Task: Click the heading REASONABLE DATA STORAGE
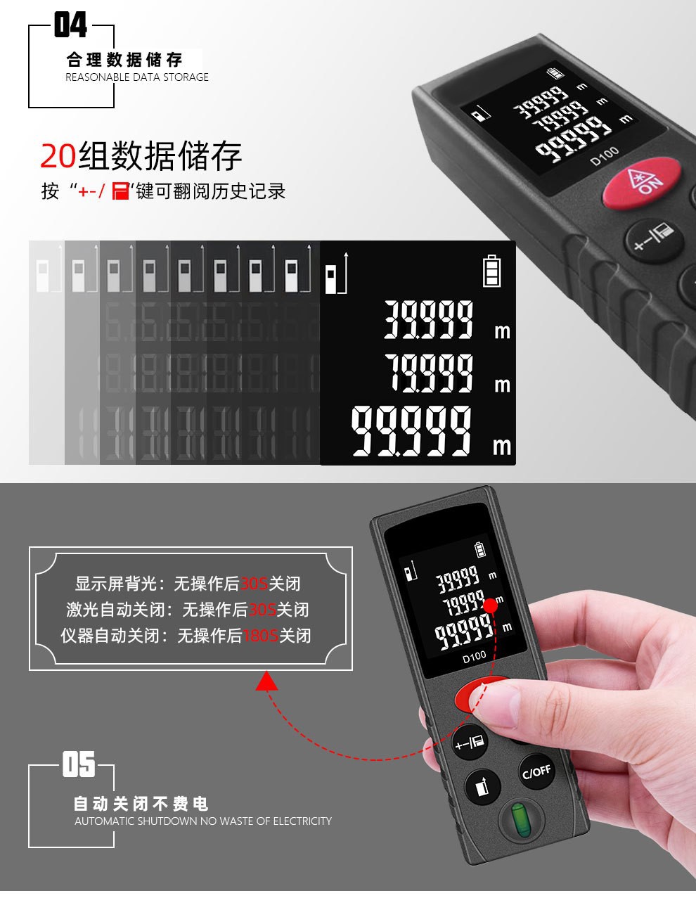[137, 77]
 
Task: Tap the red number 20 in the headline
[58, 155]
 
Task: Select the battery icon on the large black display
[492, 269]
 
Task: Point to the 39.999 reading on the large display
[429, 320]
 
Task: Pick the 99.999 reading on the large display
[412, 430]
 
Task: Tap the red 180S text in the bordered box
[260, 636]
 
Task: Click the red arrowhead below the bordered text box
[267, 681]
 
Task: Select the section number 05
[78, 764]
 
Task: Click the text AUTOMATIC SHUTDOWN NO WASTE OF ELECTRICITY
[203, 821]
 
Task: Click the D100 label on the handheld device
[474, 657]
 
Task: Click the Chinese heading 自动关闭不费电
[141, 803]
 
